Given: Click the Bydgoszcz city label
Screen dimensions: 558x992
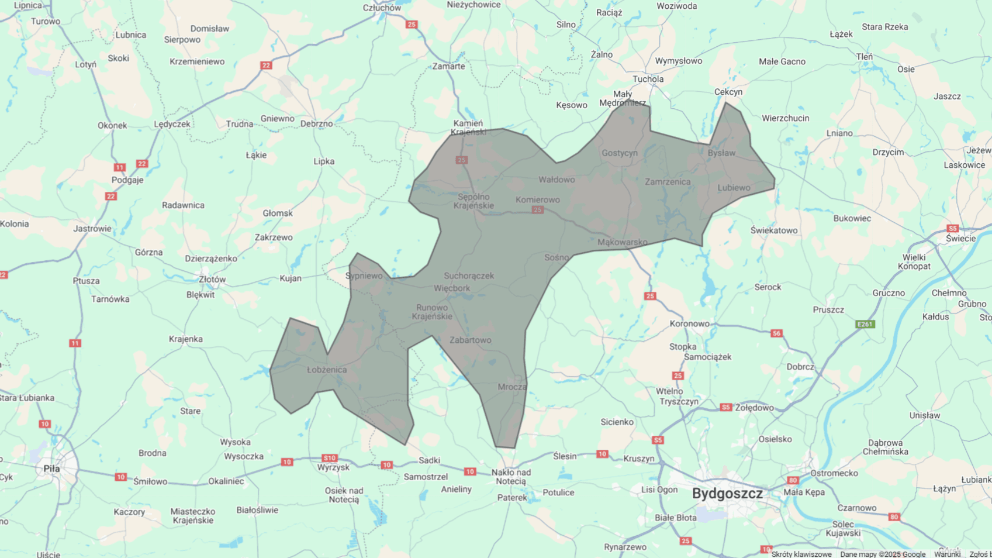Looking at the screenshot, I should [727, 494].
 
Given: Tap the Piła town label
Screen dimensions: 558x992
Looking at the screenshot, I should [51, 469].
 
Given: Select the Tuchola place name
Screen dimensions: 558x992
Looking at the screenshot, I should [648, 79].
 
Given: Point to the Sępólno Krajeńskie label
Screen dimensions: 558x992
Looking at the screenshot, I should [474, 201].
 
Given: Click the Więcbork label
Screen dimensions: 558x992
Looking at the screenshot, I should [452, 288].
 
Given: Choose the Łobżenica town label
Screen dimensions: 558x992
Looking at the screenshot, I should [327, 370].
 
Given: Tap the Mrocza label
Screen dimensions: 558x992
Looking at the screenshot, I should [512, 387].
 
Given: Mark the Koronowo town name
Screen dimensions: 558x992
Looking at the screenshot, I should [690, 323].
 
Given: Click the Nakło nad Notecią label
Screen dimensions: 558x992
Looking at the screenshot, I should [511, 477].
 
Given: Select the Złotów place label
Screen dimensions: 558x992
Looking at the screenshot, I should [212, 280].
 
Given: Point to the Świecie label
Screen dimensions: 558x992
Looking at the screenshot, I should [961, 239].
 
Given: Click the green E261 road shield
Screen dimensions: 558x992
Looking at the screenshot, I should [865, 324].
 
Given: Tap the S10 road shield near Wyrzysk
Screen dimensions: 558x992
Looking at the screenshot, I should [330, 458].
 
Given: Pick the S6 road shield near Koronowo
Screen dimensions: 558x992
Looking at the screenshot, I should [776, 333].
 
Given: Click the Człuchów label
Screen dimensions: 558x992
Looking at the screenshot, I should [382, 8].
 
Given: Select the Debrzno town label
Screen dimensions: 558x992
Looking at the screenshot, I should [316, 124].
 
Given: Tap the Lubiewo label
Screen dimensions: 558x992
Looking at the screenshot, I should [734, 188].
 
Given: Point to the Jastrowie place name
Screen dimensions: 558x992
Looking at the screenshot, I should [92, 229].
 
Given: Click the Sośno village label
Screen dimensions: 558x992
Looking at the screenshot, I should [557, 257].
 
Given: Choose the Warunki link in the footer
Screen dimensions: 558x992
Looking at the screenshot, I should [947, 554].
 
